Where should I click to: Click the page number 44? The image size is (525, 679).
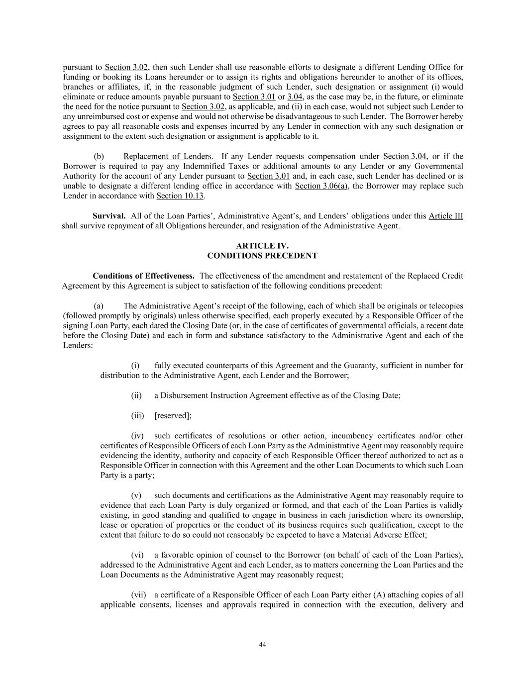click(x=262, y=645)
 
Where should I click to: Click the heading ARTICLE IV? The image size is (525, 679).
click(x=262, y=246)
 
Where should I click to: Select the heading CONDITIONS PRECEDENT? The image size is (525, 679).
click(x=262, y=256)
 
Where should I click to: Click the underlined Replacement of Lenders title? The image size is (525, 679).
click(x=168, y=156)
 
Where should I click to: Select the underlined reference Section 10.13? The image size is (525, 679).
click(x=180, y=196)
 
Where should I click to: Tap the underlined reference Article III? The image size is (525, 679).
click(x=445, y=216)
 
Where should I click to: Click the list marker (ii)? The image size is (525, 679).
click(x=136, y=395)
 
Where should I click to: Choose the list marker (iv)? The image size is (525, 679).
click(x=137, y=436)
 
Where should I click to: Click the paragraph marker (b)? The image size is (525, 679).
click(x=99, y=156)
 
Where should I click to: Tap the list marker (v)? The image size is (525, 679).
click(x=136, y=495)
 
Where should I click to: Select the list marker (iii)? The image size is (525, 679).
click(x=137, y=415)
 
